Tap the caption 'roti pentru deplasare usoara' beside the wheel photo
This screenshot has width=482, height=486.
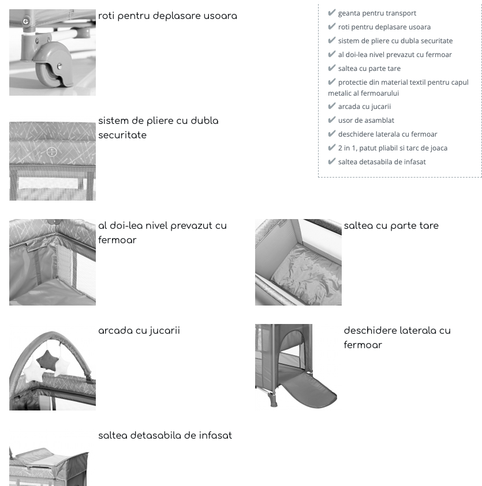click(x=167, y=16)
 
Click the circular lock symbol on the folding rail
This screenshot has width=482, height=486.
click(x=52, y=152)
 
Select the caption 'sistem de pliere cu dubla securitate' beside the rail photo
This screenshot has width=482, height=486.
click(x=158, y=128)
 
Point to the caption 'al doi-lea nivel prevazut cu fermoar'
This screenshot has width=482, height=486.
click(x=162, y=233)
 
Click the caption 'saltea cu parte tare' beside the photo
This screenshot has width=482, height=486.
click(x=391, y=226)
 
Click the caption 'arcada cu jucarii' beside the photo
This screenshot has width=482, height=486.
click(x=139, y=331)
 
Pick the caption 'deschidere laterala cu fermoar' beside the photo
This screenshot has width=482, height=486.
click(x=397, y=338)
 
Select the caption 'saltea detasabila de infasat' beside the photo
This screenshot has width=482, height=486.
click(x=165, y=436)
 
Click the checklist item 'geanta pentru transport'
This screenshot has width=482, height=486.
click(x=377, y=13)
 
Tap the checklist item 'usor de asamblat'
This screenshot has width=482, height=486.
click(x=366, y=120)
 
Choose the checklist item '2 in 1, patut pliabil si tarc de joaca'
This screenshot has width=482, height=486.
click(x=393, y=148)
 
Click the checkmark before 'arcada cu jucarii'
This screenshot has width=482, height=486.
click(x=332, y=106)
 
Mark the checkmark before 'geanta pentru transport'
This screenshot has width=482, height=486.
click(x=332, y=13)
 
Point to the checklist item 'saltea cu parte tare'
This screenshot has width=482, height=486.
click(x=369, y=69)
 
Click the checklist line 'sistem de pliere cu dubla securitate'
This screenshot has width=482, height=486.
click(x=395, y=41)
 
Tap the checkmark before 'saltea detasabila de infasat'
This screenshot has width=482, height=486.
click(x=332, y=161)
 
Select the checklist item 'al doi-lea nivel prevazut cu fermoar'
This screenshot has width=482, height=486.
click(x=395, y=55)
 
